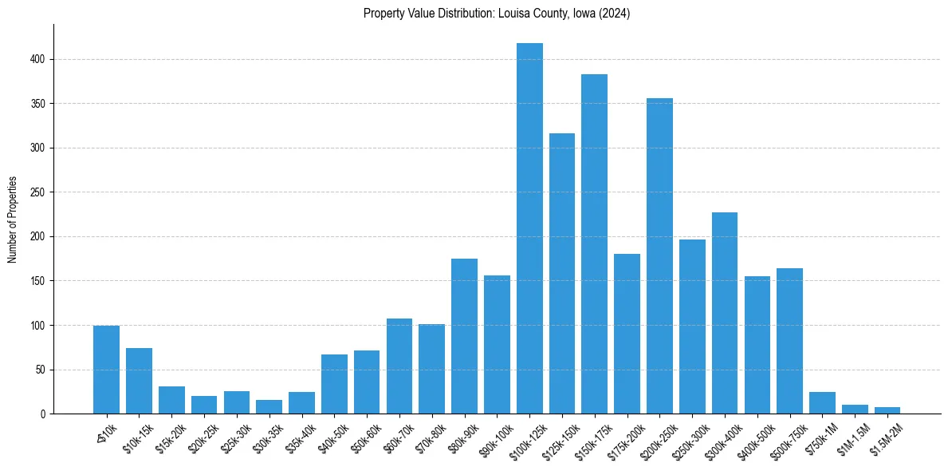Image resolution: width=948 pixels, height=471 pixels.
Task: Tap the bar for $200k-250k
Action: tap(659, 255)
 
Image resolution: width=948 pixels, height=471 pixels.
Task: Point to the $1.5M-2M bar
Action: tap(887, 410)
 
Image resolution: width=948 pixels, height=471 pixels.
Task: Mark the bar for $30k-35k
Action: tap(269, 407)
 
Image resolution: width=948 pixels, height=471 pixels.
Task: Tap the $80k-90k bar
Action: tap(464, 336)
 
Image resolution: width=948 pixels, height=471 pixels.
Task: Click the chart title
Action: tap(497, 14)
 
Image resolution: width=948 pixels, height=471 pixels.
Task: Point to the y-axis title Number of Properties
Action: tap(13, 220)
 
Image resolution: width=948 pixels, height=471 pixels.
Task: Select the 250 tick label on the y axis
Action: tap(44, 192)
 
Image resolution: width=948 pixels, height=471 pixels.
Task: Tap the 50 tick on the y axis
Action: tap(46, 370)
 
